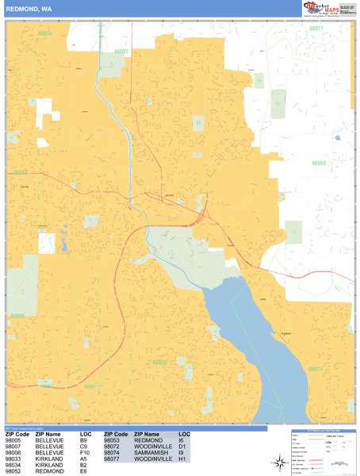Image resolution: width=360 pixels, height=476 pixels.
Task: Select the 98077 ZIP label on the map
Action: coord(316,28)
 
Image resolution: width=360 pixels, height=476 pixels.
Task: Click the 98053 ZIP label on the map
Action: coord(319,163)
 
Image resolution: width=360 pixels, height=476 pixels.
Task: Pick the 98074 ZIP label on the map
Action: coord(316,369)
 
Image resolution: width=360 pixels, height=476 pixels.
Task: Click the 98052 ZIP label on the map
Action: coord(121,50)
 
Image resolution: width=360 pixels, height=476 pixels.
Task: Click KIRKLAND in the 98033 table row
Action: coord(49,459)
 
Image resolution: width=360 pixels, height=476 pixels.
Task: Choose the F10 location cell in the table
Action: coord(86,453)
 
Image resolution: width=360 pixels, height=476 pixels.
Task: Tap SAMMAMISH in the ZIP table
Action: coord(151,453)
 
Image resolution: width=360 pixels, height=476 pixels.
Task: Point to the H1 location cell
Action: coord(182,459)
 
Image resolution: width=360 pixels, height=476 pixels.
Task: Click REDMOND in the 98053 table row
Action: coord(148,440)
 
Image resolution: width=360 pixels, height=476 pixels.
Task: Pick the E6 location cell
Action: coord(83,472)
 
